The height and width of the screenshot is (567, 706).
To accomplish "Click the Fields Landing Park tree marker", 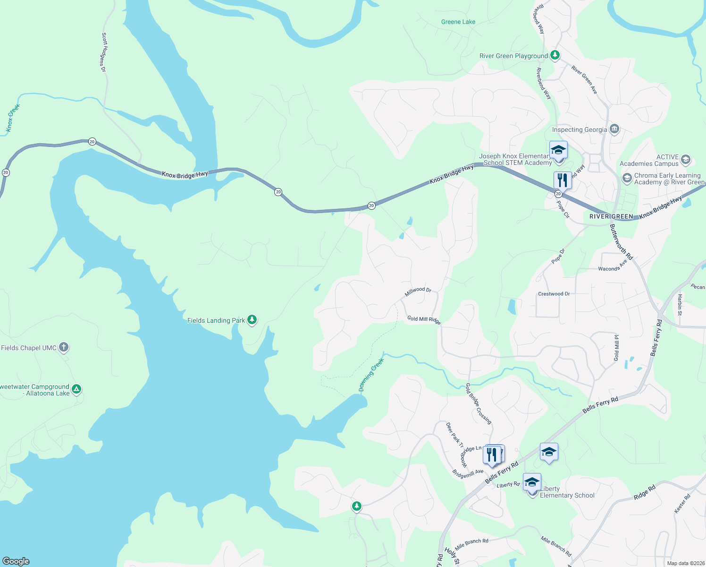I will pyautogui.click(x=252, y=320).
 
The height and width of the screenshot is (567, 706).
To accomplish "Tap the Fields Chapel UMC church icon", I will pyautogui.click(x=64, y=347).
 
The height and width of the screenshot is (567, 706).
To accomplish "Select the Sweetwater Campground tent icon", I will pyautogui.click(x=76, y=389).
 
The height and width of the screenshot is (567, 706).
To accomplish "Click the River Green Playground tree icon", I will pyautogui.click(x=555, y=55).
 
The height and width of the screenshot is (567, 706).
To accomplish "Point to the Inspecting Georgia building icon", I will pyautogui.click(x=614, y=129).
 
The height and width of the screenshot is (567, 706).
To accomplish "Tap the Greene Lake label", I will pyautogui.click(x=458, y=22).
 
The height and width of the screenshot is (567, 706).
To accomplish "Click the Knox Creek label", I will pyautogui.click(x=13, y=118).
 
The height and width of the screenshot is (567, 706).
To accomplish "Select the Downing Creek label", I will pyautogui.click(x=371, y=375).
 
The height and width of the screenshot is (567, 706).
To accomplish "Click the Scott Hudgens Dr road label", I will pyautogui.click(x=104, y=52).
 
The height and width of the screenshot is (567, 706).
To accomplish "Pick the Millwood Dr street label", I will pyautogui.click(x=418, y=292).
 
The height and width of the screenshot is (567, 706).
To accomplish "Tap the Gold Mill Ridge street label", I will pyautogui.click(x=424, y=320).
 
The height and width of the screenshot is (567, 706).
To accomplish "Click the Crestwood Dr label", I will pyautogui.click(x=554, y=294).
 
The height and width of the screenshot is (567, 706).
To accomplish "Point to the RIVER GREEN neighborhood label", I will pyautogui.click(x=611, y=216).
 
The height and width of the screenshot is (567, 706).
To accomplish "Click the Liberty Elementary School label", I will pyautogui.click(x=567, y=492).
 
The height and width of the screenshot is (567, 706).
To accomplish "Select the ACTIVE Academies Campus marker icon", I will pyautogui.click(x=685, y=160).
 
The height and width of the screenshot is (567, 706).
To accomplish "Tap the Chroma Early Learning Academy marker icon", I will pyautogui.click(x=627, y=178).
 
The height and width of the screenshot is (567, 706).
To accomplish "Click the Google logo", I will pyautogui.click(x=16, y=561).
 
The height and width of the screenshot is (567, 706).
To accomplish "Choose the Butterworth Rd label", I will pyautogui.click(x=621, y=242).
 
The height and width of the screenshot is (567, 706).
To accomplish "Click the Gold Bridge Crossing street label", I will pyautogui.click(x=478, y=404).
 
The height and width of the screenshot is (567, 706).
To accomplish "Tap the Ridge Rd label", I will pyautogui.click(x=644, y=492).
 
